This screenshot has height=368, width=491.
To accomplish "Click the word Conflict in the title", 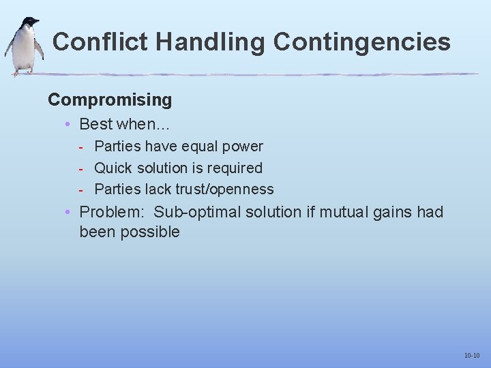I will point(100,42).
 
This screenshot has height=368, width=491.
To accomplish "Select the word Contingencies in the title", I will point(361,42).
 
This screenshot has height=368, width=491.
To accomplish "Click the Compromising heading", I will point(110,100).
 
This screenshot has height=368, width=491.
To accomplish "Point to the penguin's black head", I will point(29,23).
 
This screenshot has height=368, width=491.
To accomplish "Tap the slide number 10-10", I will point(472,356).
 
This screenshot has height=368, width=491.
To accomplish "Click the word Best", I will point(96,124).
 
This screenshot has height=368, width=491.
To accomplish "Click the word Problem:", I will point(109,213).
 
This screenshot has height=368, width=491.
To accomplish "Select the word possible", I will point(150,232).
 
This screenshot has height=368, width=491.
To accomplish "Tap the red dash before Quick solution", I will point(81,168).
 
